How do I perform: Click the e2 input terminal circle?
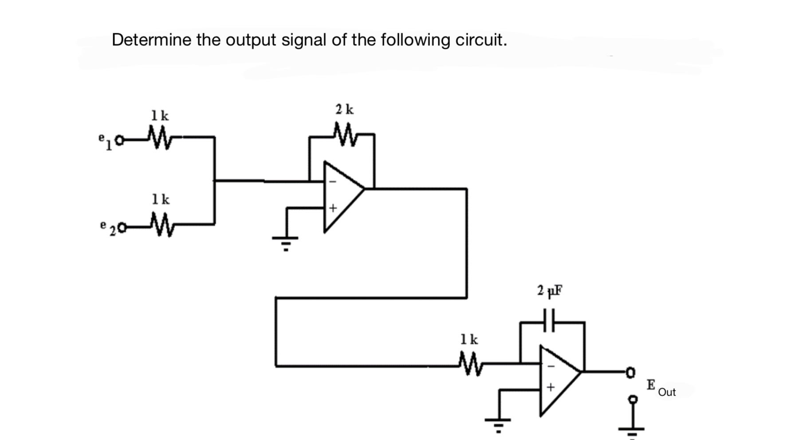(x=122, y=228)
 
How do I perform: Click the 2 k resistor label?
(x=344, y=109)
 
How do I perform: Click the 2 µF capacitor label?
(x=549, y=290)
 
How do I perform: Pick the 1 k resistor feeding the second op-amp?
(x=469, y=364)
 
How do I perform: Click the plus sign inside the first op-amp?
(x=333, y=208)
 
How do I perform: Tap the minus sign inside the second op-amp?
(x=550, y=366)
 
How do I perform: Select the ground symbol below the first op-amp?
(x=286, y=242)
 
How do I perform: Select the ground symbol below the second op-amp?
(x=498, y=423)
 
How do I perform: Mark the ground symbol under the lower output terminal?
(x=632, y=431)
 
